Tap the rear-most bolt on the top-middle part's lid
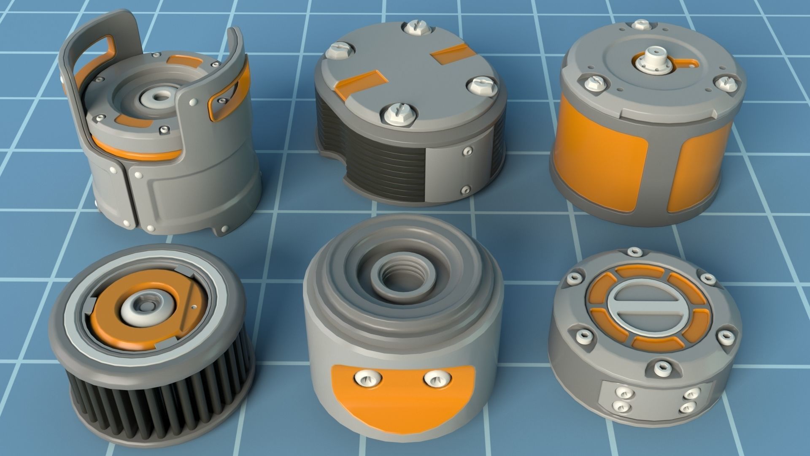[415, 29]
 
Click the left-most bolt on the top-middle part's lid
[339, 51]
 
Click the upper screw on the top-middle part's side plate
[467, 150]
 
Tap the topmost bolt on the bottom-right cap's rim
[633, 252]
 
